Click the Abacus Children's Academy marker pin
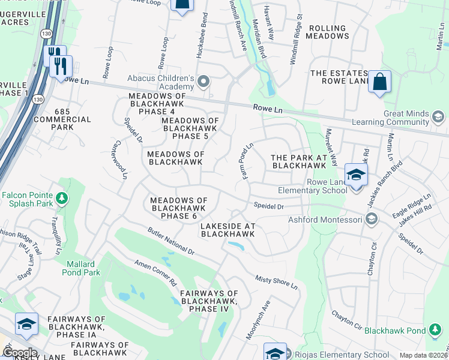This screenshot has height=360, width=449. [204, 81]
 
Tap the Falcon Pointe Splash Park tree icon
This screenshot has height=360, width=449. [61, 197]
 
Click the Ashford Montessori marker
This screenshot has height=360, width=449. [372, 220]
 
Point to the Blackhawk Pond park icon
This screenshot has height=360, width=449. [435, 330]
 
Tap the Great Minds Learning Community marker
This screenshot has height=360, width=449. [438, 116]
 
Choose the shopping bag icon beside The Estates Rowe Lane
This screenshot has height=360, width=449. [379, 83]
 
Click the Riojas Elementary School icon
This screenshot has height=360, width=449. [276, 353]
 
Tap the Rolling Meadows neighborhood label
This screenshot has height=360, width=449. [327, 32]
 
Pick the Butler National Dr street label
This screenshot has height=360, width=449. [171, 241]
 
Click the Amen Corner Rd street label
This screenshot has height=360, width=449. [155, 273]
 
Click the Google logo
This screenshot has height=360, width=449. [20, 353]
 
